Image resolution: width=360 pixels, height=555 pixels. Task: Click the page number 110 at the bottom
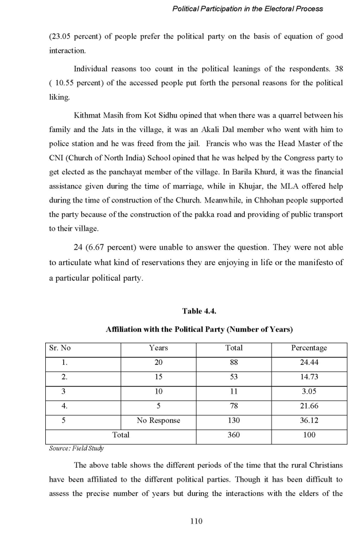(x=196, y=521)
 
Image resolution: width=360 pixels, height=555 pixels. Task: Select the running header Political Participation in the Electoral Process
(x=247, y=9)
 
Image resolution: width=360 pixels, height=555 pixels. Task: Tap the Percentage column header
(x=309, y=348)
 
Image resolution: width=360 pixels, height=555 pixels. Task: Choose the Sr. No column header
(x=60, y=348)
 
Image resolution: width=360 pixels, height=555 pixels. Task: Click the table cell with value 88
(x=234, y=363)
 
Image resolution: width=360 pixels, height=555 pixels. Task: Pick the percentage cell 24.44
(x=309, y=363)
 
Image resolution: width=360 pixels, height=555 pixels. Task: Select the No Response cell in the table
(x=158, y=420)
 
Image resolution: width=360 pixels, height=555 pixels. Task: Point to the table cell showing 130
(x=234, y=420)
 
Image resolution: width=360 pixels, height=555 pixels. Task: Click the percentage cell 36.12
(x=309, y=420)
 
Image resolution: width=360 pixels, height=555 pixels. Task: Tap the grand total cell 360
(x=234, y=435)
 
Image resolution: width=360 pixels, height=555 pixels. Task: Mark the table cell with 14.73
(x=309, y=377)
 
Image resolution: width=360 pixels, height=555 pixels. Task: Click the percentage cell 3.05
(x=309, y=392)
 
